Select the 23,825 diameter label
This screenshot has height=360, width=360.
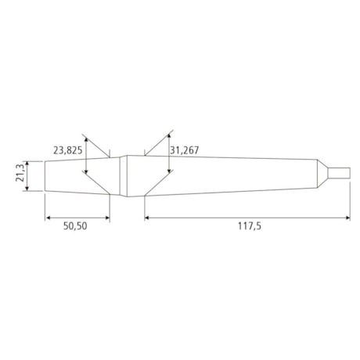[x=68, y=149]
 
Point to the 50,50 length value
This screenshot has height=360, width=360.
[x=77, y=227]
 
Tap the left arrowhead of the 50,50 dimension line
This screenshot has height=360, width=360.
[x=48, y=217]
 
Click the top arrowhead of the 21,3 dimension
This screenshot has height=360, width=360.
[x=28, y=164]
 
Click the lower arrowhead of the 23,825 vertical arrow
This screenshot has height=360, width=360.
[x=85, y=189]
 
